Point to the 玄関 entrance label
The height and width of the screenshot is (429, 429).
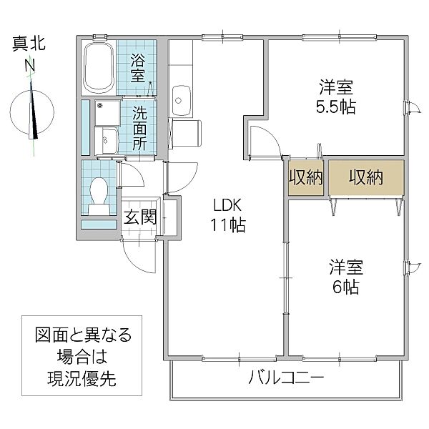pos(140,217)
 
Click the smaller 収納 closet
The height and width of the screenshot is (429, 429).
pos(306,177)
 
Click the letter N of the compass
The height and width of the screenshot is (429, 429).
pos(30,66)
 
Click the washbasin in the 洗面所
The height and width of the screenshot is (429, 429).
pos(108,139)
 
